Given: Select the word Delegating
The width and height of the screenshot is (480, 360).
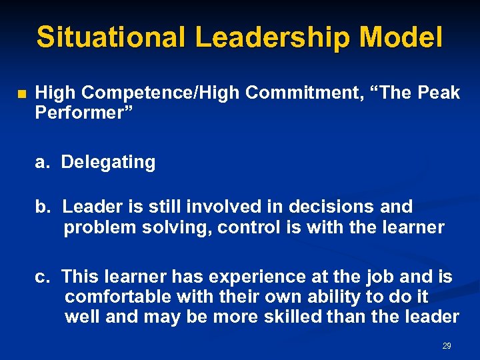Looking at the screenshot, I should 108,162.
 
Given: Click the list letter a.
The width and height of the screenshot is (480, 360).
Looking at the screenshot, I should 41,162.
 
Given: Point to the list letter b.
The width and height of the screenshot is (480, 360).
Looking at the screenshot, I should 42,207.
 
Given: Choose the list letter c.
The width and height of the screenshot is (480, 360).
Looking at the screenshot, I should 41,276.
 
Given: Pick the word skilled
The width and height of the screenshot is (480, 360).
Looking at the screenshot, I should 285,317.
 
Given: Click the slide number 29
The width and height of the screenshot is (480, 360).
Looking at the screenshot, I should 447,346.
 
